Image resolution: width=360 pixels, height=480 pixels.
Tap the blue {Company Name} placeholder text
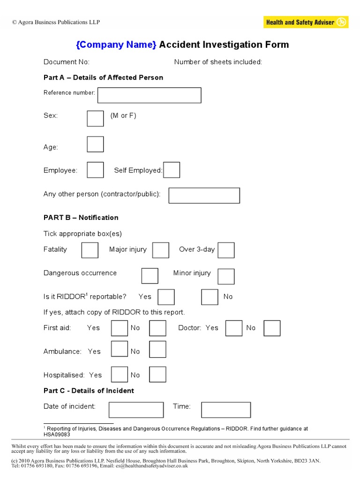[116, 45]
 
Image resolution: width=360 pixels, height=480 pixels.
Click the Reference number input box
[149, 95]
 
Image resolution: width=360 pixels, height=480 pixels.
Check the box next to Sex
[95, 118]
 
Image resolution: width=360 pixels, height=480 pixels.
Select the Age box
[95, 144]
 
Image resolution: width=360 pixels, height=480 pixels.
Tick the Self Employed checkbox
[172, 170]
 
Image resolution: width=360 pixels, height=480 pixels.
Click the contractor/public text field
[204, 195]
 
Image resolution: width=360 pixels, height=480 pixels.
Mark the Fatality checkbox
[90, 250]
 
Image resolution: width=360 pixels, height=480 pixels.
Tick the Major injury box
[161, 250]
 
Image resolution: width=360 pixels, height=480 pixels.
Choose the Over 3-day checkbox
[226, 250]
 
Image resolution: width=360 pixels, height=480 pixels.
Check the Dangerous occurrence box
[150, 276]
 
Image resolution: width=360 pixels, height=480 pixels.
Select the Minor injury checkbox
[226, 276]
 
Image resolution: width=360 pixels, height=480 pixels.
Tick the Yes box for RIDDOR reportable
[166, 297]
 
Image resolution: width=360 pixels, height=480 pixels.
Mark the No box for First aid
[157, 328]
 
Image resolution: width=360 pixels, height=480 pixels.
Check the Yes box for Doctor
[233, 328]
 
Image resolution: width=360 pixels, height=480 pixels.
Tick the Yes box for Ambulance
[119, 349]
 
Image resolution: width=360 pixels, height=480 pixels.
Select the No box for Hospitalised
[157, 374]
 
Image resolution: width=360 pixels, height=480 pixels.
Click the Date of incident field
[136, 410]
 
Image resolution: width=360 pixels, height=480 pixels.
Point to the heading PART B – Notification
[81, 217]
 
